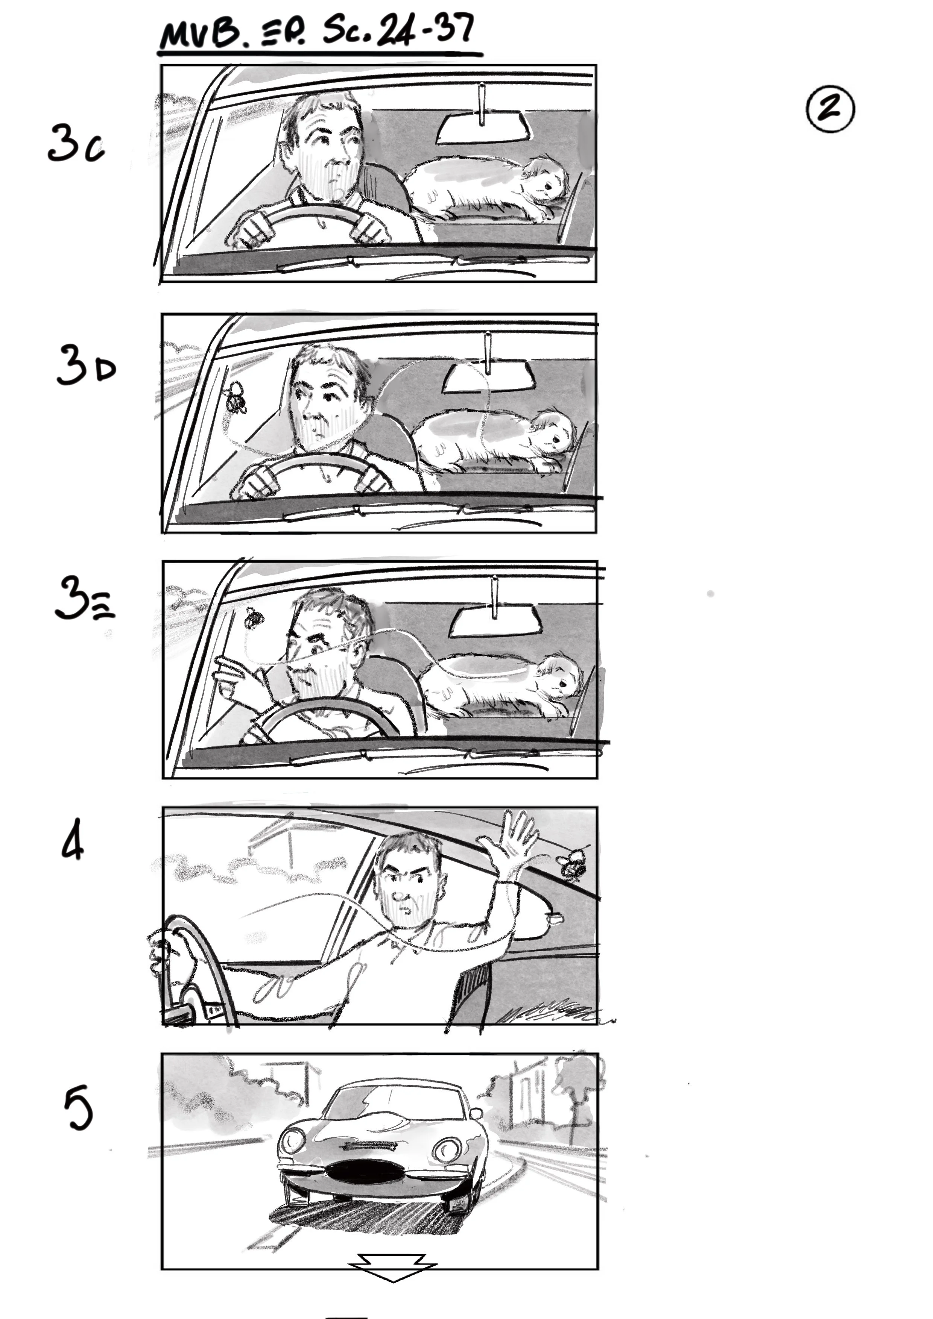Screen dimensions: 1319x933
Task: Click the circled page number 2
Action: (830, 109)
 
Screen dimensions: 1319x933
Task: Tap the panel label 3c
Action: (76, 144)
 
